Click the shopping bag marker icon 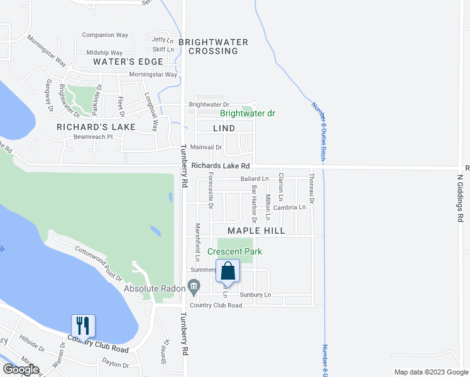(228, 271)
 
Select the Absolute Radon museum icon (194, 289)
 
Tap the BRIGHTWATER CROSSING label (213, 46)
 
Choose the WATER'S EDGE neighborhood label (128, 62)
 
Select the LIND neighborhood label (224, 128)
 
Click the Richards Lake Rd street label (221, 166)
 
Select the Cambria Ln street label (293, 207)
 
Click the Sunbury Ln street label (258, 294)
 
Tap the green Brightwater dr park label (248, 114)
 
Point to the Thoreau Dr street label (310, 188)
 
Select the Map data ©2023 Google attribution (430, 372)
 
